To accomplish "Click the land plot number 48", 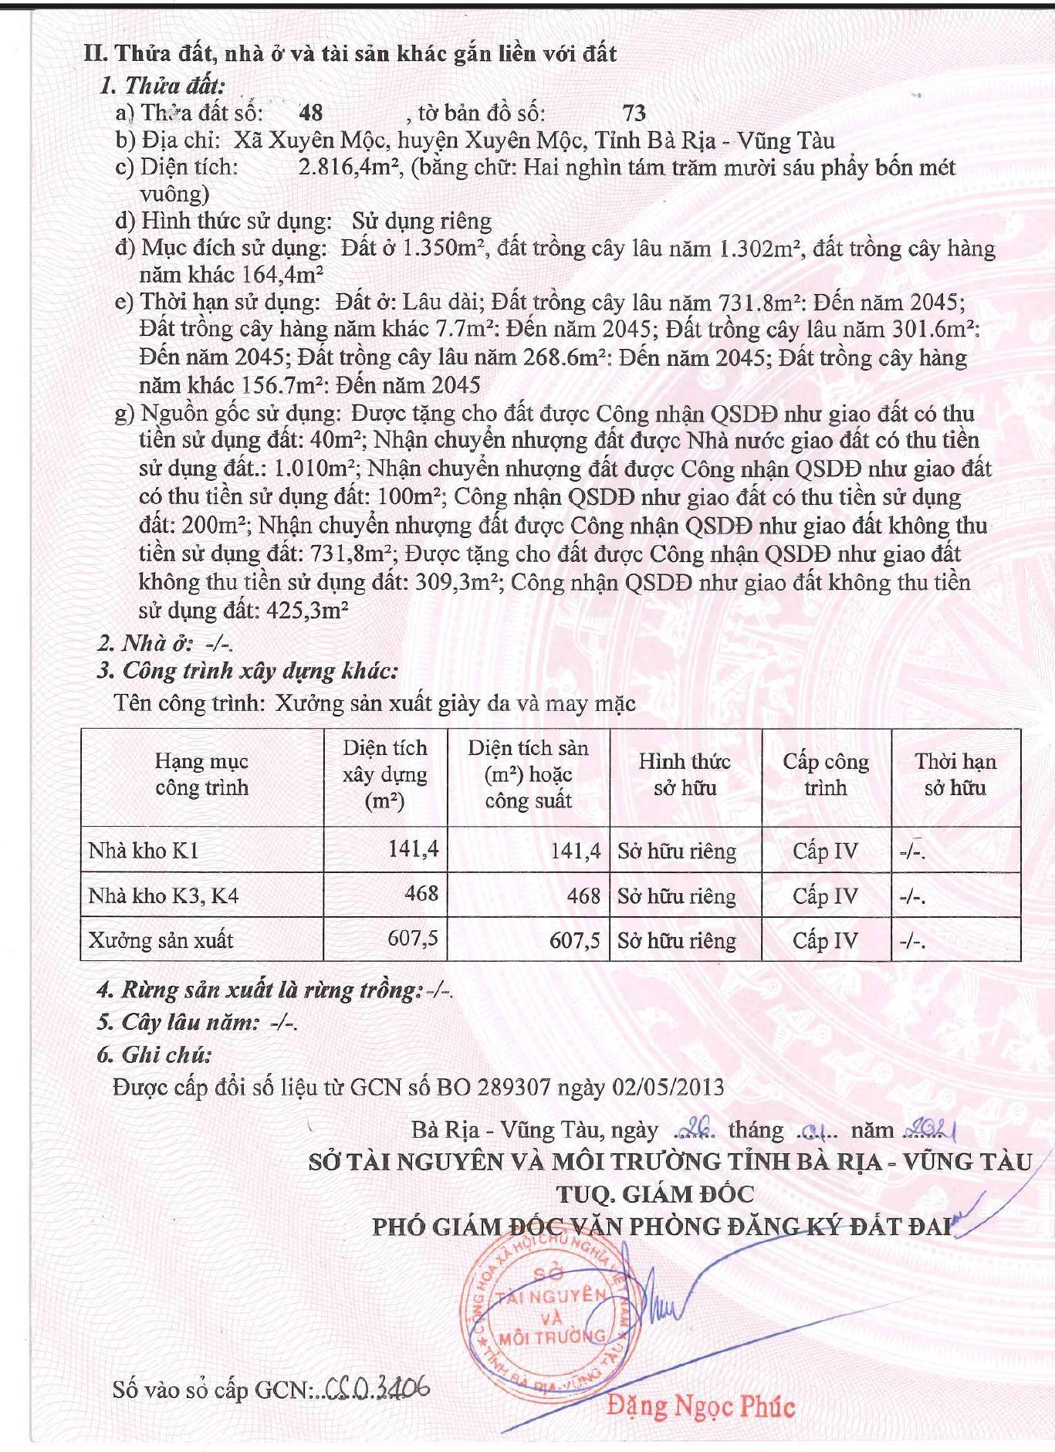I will pos(310,113).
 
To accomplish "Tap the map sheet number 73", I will pos(634,113).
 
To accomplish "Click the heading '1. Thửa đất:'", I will pos(162,86).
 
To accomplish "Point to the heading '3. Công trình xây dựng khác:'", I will pos(248,671).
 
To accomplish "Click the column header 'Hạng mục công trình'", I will pos(201,774).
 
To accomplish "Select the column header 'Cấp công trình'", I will pos(826,774).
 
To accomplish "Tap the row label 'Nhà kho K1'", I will pos(144,851).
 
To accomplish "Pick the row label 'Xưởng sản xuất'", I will pos(161,940).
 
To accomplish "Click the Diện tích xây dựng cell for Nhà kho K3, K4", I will pos(421,894).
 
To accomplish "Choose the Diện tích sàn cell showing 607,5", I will pos(574,940).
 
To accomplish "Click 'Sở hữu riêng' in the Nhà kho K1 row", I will pos(677,851).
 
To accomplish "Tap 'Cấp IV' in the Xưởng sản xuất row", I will pos(825,941).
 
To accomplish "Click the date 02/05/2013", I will pos(668,1088).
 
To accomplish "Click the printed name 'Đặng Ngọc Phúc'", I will pos(701,1406).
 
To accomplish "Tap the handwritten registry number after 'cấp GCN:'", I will pos(378,1389).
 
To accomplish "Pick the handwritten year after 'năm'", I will pos(933,1131).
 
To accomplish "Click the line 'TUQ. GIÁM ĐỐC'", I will pos(655,1194).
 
